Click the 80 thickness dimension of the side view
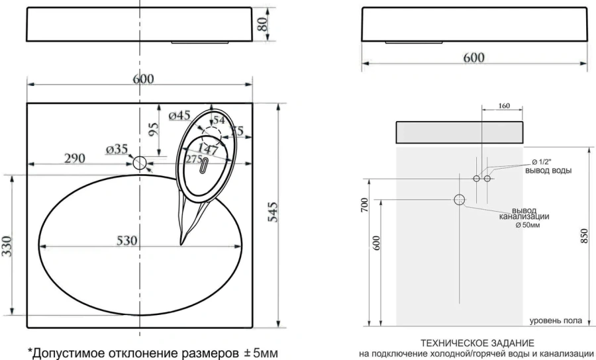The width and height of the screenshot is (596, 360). [x=262, y=24]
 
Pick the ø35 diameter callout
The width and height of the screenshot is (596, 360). [x=117, y=150]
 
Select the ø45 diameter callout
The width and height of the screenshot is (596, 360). [x=180, y=116]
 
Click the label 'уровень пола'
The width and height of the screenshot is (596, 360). [x=556, y=321]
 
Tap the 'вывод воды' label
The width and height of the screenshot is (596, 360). [x=548, y=171]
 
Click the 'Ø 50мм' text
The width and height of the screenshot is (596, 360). [x=528, y=226]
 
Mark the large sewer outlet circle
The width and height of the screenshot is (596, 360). [x=460, y=200]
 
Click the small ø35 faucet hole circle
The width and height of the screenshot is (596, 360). [x=139, y=162]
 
